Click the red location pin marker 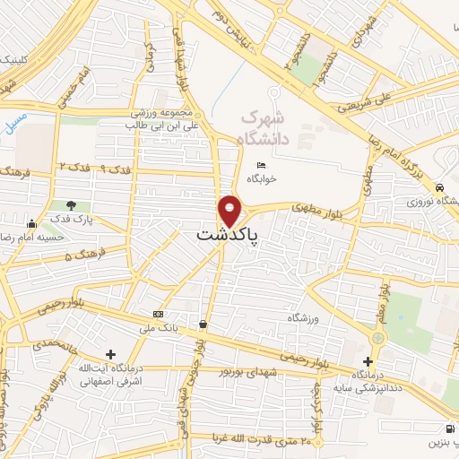(x=229, y=211)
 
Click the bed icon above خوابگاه (x=261, y=166)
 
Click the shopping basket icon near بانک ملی (x=204, y=324)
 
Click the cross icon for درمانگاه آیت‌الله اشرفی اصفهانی (x=110, y=355)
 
